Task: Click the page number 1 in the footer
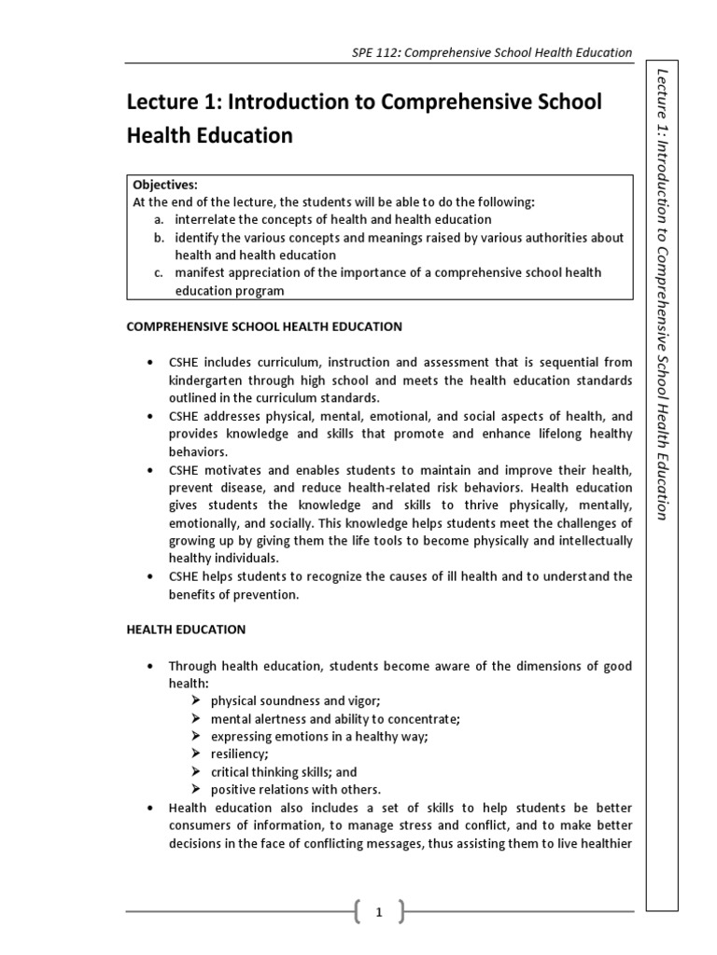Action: point(379,914)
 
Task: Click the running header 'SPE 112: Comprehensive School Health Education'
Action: point(485,53)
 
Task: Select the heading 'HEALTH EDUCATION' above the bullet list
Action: point(186,630)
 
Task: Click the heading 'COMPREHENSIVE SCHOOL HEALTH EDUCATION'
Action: point(264,326)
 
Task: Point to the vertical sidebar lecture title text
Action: point(662,294)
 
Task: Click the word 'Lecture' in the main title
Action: point(161,102)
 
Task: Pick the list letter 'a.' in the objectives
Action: point(160,219)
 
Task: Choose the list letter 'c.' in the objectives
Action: point(160,272)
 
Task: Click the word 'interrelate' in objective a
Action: point(204,219)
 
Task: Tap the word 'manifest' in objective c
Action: point(200,272)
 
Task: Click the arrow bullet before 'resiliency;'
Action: point(196,754)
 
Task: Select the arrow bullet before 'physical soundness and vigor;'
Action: point(196,700)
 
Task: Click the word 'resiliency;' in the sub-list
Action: point(239,754)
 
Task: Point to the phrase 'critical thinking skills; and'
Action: point(283,771)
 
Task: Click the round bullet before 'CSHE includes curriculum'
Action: point(149,362)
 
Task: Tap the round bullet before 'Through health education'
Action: point(149,666)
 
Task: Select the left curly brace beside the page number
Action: point(359,914)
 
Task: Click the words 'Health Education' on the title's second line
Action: point(209,136)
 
